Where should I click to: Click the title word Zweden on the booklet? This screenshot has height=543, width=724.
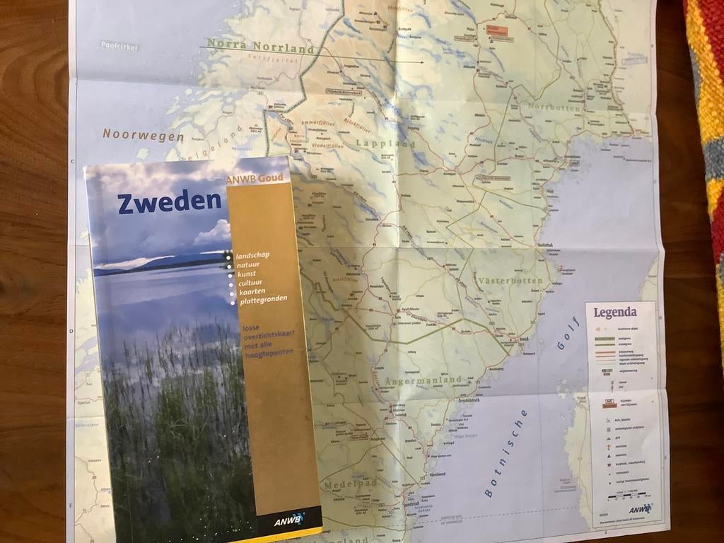click(x=170, y=202)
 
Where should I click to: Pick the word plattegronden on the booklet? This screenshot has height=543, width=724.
click(x=264, y=300)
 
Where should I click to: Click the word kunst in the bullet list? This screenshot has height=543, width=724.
click(x=247, y=273)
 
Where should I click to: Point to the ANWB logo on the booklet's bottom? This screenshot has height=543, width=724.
click(x=291, y=521)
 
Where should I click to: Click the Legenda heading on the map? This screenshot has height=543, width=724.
click(x=614, y=312)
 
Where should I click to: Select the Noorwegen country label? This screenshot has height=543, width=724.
click(x=143, y=134)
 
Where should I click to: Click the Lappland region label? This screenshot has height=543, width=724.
click(x=386, y=143)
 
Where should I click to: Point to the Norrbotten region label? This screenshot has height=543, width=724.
click(x=554, y=108)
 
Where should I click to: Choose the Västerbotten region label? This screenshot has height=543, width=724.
click(x=510, y=281)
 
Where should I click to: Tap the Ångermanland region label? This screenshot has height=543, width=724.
click(x=424, y=380)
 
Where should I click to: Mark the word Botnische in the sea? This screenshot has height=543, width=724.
click(x=506, y=453)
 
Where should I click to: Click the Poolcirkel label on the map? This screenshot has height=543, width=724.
click(x=119, y=47)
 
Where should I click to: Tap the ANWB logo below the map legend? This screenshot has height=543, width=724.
click(x=640, y=508)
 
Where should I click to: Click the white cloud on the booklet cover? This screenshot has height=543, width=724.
click(x=214, y=232)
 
